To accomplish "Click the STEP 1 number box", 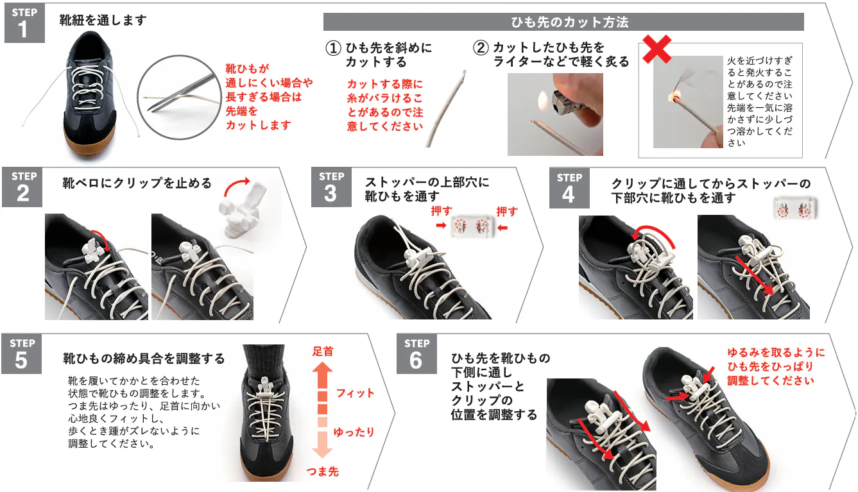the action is pos(24,23).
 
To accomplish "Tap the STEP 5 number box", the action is pos(21,354).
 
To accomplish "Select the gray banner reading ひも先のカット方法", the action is pos(563,22).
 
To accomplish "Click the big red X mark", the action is pos(656,49).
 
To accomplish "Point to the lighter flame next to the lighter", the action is pos(543,100).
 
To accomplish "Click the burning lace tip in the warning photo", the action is pos(674,96).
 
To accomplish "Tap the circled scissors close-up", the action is pos(179,98).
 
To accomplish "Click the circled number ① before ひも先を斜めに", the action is pos(333,48).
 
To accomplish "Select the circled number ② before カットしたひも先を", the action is pos(481,48).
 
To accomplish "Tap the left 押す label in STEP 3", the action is pos(442,211).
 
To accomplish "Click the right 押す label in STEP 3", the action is pos(507,211).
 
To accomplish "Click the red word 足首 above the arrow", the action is pos(323,351).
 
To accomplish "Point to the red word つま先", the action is pos(323,471).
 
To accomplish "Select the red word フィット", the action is pos(355,393).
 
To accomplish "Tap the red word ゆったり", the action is pos(354,432).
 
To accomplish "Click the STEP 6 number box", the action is pos(416,354).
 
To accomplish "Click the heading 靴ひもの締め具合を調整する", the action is pos(144,359).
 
